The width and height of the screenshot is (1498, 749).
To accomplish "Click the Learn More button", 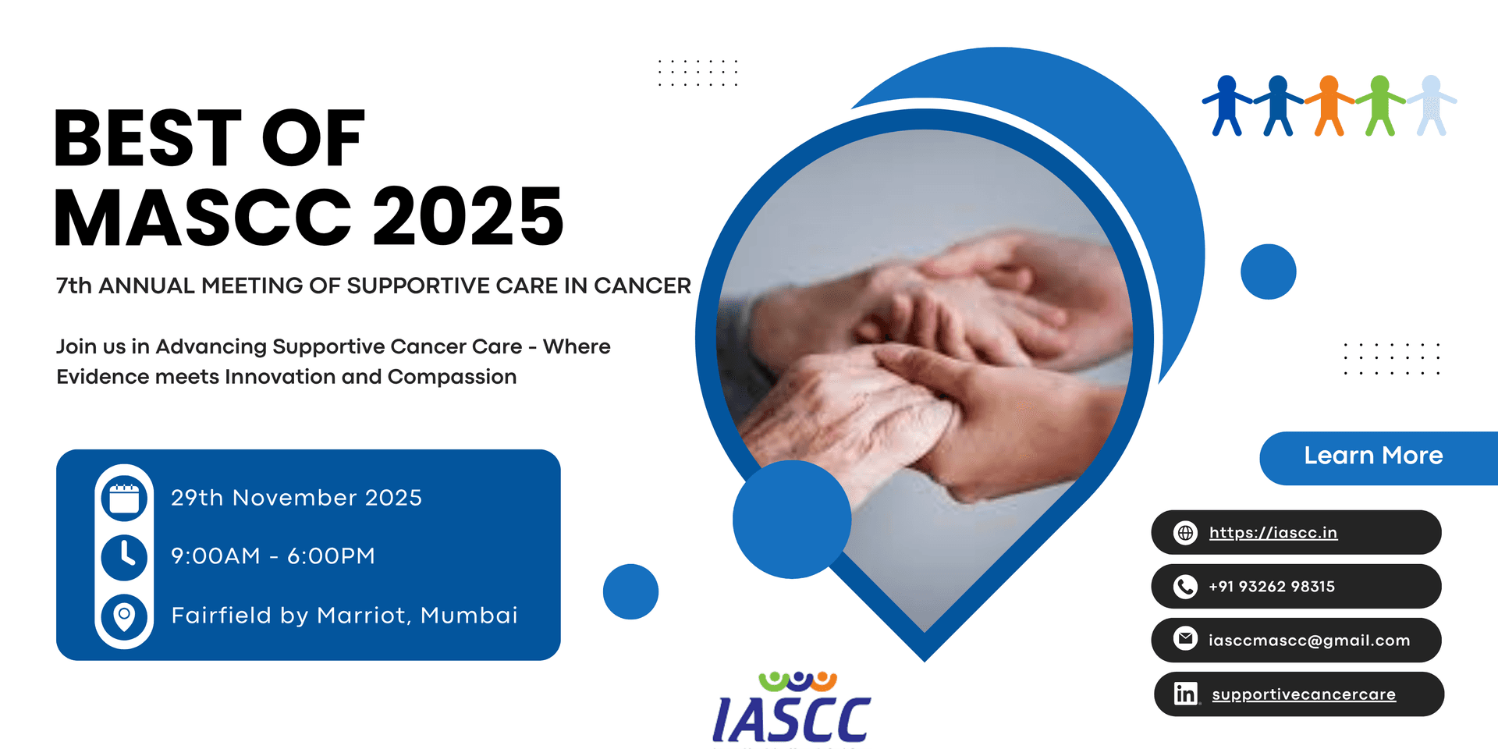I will [x=1373, y=456].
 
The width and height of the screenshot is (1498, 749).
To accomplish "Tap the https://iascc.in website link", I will [x=1273, y=533].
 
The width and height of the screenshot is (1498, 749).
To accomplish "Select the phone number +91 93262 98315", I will [x=1271, y=587].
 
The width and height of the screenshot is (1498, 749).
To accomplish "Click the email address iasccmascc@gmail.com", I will [x=1308, y=641].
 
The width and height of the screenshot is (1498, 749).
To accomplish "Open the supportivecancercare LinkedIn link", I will [x=1303, y=694].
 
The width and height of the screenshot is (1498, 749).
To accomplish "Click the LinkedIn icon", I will [x=1185, y=694].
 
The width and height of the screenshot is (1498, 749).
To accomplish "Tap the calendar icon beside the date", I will [x=124, y=499].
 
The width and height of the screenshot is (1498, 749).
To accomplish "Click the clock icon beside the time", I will [x=124, y=556].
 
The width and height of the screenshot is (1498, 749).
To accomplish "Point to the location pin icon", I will [x=124, y=616].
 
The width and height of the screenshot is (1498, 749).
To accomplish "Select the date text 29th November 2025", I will [x=296, y=498].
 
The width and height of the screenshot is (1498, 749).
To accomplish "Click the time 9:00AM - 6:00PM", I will [x=273, y=556].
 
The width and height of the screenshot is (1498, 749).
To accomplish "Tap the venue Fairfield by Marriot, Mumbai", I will [x=344, y=616].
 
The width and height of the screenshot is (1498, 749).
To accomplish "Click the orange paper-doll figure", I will [x=1329, y=105].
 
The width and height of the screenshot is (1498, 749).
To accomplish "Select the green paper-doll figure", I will [x=1379, y=105].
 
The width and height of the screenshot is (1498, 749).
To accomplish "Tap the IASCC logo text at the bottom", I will [x=791, y=718].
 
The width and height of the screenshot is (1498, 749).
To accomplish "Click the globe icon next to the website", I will [x=1185, y=533].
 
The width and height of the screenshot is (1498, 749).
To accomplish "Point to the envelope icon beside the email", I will [x=1185, y=640].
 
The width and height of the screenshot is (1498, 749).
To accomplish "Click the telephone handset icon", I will [x=1185, y=587].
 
